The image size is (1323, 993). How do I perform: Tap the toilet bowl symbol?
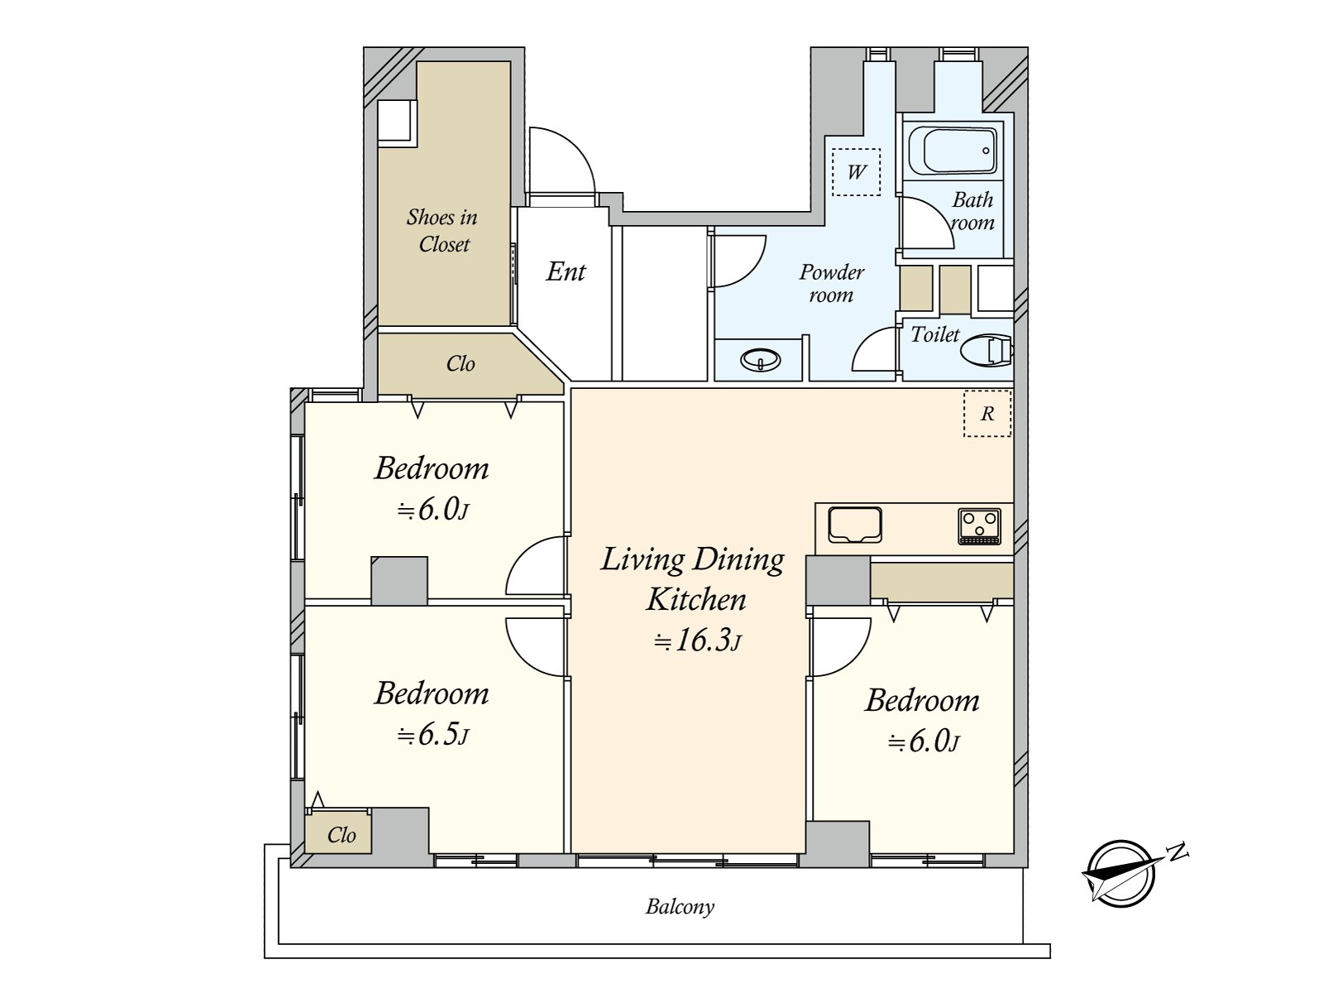986,350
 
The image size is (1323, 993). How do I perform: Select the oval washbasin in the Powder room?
761,361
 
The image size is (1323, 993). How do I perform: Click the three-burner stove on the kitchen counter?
980,526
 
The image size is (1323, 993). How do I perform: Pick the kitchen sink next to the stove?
855,525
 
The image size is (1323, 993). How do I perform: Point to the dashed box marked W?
856,172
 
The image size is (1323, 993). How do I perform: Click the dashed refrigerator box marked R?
987,414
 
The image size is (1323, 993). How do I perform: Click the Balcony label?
680,906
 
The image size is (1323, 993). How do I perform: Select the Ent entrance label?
566,272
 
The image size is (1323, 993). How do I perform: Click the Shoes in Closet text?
443,230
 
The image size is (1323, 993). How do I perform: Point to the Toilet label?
935,334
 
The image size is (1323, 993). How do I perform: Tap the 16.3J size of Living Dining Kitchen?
697,640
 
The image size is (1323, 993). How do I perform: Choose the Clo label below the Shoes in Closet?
461,363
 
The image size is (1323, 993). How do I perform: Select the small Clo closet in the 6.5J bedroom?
338,833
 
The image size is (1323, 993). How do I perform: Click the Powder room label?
832,283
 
